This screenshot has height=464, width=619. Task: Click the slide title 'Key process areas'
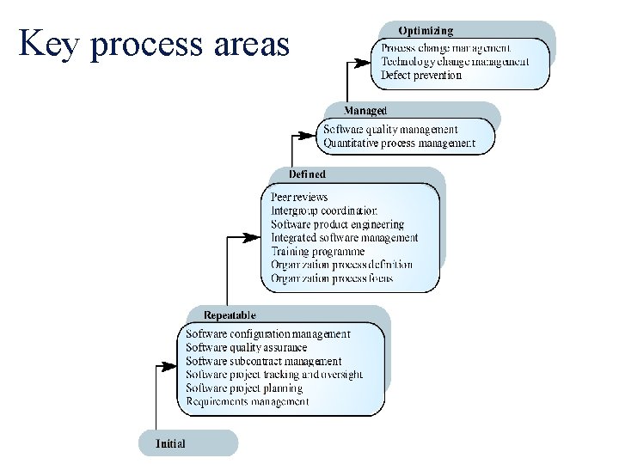155,44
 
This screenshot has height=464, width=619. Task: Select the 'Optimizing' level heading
425,31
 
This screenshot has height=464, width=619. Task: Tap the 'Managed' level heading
365,111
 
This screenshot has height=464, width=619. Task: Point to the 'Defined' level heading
307,174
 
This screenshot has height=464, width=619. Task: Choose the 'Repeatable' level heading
230,315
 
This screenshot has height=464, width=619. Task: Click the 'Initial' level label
170,443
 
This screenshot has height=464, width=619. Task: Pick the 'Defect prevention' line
421,75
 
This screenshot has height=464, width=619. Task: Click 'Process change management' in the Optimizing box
445,48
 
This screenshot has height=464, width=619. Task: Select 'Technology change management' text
455,62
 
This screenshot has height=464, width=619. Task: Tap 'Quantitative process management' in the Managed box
399,143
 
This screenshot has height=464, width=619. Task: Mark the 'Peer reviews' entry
299,197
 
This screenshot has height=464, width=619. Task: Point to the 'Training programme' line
317,252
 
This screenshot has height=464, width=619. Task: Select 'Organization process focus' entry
332,278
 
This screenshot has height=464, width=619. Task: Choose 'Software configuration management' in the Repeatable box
268,333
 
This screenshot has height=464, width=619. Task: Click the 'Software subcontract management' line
263,361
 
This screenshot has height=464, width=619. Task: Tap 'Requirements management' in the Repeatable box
248,401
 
